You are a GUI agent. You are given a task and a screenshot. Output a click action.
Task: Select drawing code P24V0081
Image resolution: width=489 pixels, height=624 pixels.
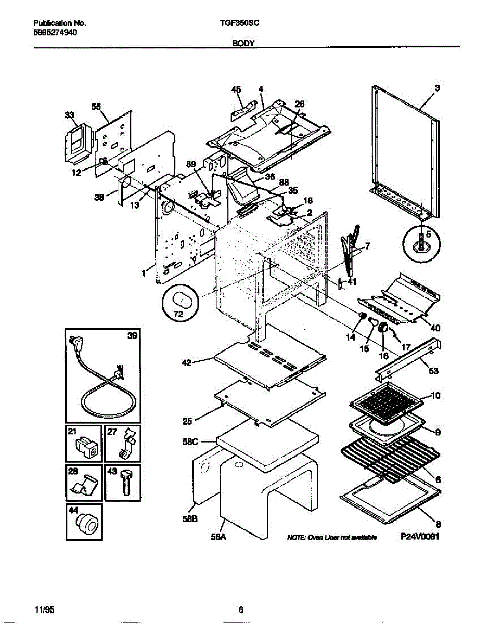[x=420, y=538]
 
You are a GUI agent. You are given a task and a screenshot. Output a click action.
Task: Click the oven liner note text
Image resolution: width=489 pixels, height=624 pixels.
[x=332, y=538]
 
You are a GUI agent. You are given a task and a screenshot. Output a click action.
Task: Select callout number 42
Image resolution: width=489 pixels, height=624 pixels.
[x=186, y=363]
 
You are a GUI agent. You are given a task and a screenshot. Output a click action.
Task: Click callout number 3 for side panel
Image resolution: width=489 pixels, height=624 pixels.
[x=437, y=88]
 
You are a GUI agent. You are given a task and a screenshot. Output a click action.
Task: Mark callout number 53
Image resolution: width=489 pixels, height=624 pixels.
[x=433, y=371]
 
